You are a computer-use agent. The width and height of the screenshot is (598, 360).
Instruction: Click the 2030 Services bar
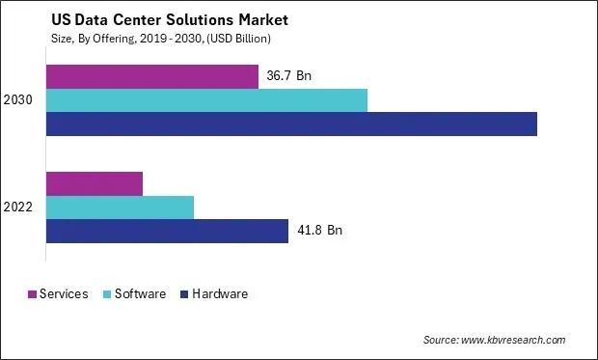point(152,76)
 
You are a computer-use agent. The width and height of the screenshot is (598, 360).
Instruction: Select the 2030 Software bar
point(206,100)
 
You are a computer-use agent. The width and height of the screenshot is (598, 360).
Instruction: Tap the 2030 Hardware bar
point(291,124)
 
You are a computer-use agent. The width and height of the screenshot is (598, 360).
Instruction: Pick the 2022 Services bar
point(95,183)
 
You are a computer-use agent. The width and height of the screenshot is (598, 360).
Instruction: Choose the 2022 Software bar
point(120,207)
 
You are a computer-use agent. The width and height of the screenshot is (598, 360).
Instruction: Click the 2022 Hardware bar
point(167,231)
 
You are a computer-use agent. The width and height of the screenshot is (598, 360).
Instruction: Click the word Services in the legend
point(64,294)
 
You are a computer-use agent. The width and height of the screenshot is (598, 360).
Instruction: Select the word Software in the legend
point(141,294)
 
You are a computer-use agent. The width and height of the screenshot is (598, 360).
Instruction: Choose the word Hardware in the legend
point(219,294)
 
